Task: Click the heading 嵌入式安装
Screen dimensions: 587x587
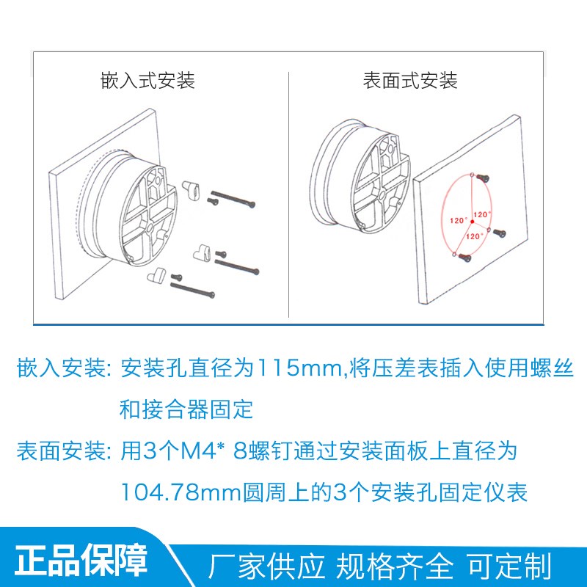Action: [x=147, y=80]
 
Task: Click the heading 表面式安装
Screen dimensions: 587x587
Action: [x=410, y=80]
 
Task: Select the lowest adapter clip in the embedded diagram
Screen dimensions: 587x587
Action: [x=156, y=276]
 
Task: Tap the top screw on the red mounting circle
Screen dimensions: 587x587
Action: [x=481, y=177]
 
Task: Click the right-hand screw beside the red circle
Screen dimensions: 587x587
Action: [x=500, y=233]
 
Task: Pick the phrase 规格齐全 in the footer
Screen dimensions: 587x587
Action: [x=395, y=566]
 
